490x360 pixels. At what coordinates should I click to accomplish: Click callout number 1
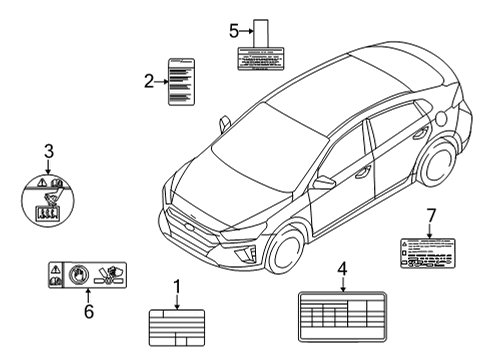tap(177, 289)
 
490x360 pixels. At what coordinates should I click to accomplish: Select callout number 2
tap(148, 81)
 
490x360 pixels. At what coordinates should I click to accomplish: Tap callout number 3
tap(47, 151)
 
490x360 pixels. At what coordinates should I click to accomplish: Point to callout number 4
tap(342, 268)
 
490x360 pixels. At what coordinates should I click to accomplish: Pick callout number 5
tap(234, 31)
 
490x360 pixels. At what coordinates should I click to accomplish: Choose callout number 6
tap(87, 312)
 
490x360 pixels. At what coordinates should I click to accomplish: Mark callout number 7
tap(431, 215)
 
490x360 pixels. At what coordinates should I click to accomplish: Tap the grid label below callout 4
tap(341, 317)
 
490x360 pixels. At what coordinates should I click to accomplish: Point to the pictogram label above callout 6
tap(87, 273)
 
